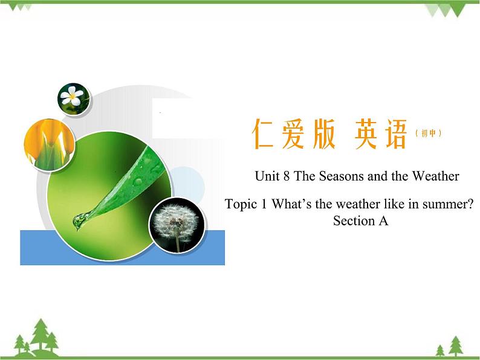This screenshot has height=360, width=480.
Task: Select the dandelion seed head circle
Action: [x=177, y=225]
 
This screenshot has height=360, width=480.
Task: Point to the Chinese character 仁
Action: [x=264, y=135]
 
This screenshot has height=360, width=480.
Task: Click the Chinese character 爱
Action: [x=294, y=135]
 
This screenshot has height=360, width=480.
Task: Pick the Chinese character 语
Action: [x=396, y=135]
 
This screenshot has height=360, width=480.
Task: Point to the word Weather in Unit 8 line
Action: [x=435, y=176]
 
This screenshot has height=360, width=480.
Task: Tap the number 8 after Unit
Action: [x=287, y=176]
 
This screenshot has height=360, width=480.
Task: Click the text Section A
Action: [x=360, y=221]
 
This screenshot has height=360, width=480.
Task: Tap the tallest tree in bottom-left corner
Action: [x=41, y=335]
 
